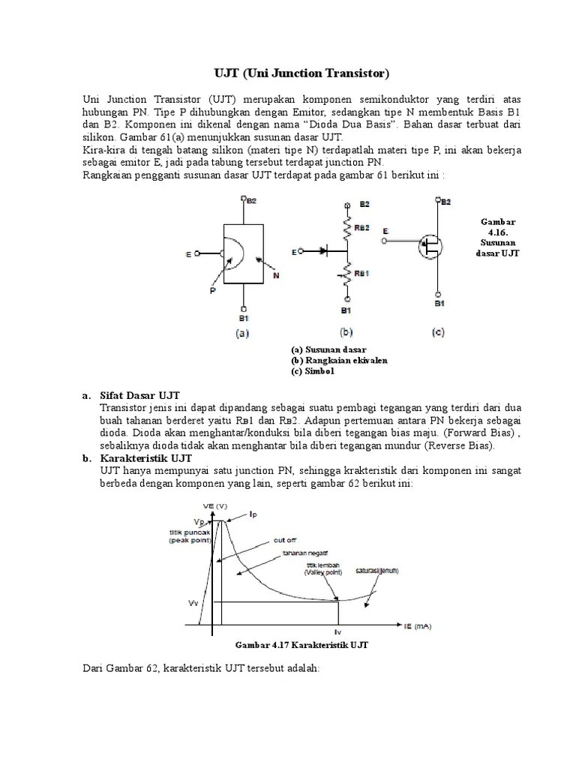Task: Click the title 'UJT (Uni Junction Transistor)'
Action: [298, 73]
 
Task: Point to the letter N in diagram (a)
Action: [275, 275]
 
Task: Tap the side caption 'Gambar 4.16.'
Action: [499, 227]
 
